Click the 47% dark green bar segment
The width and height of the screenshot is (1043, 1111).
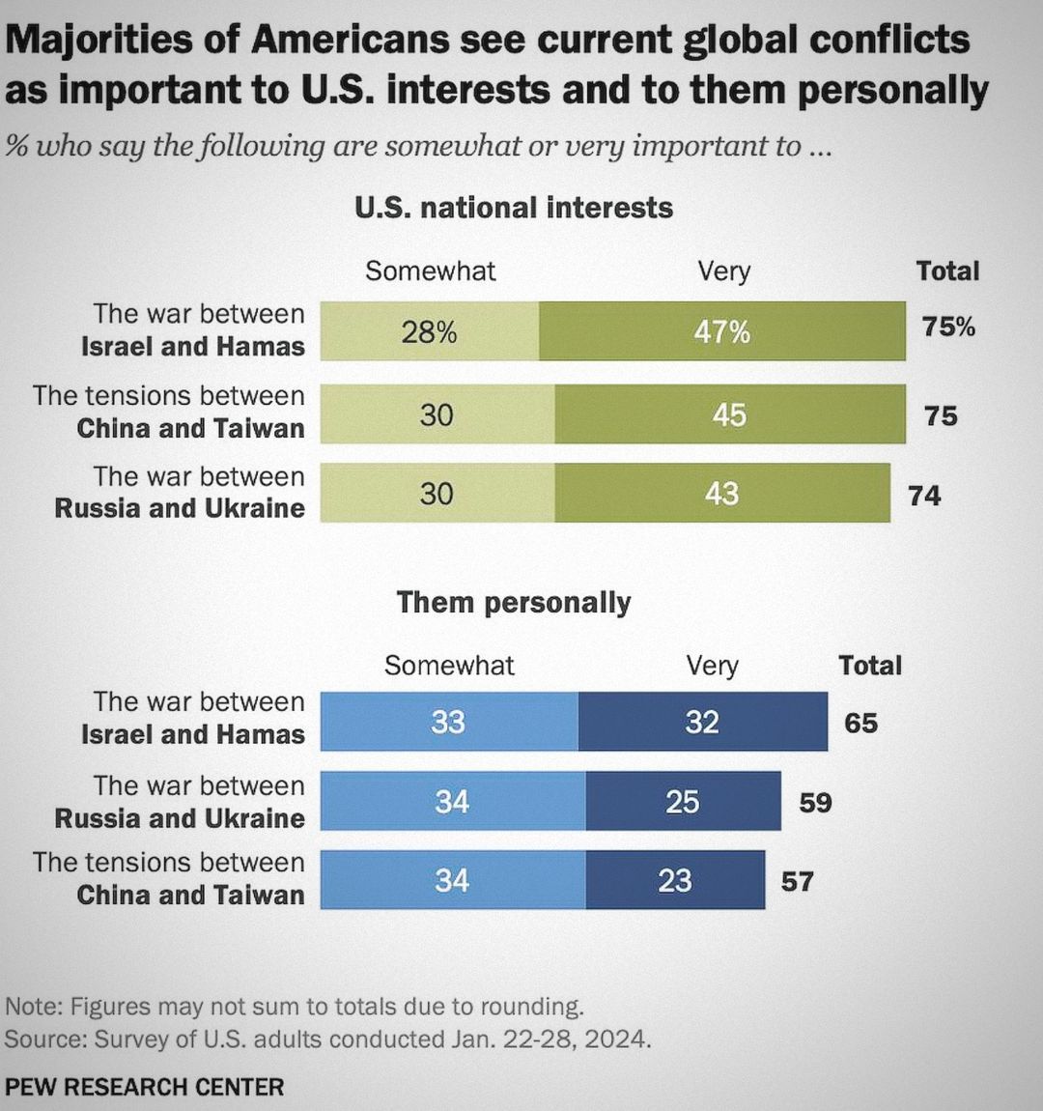pos(722,331)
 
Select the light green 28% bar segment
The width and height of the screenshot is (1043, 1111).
pos(430,331)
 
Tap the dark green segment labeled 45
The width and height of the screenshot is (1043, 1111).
pos(730,414)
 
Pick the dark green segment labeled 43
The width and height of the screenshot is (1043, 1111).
pos(722,494)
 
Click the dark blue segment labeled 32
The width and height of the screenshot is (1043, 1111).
pos(703,722)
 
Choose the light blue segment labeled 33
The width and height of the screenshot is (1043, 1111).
pos(449,722)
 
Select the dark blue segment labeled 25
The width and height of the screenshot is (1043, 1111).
pos(683,801)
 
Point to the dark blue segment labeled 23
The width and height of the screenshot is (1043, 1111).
pos(675,880)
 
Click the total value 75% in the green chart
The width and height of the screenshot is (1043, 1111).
pos(948,327)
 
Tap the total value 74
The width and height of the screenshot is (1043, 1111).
pos(924,496)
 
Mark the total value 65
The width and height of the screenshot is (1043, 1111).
pos(860,723)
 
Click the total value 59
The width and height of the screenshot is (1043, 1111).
pos(815,802)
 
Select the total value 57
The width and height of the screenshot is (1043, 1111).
pos(798,881)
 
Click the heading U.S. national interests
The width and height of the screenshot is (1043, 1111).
pos(514,208)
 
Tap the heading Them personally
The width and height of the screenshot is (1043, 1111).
pos(514,602)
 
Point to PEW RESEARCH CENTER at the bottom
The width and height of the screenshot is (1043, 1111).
pos(145,1087)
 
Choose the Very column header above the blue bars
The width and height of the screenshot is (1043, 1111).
pos(712,665)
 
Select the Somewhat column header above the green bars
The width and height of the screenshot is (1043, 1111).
pos(430,271)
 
